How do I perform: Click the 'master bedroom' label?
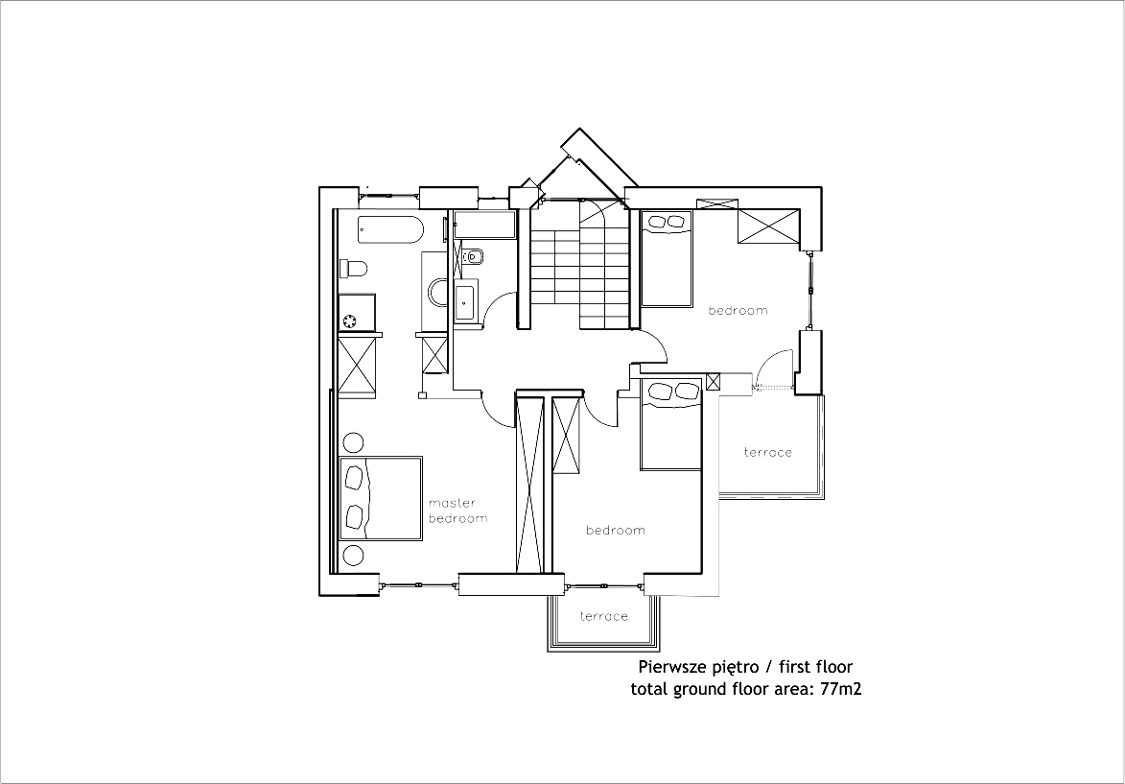pos(457,511)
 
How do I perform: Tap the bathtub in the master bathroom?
pos(390,229)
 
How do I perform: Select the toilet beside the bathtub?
pos(354,269)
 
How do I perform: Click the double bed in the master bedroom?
pos(380,497)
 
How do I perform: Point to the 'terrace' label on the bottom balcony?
pos(604,616)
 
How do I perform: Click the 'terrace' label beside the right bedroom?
pos(767,452)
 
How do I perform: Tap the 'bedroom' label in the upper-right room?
pos(738,310)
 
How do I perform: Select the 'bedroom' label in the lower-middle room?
pos(616,530)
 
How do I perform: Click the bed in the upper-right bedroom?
pos(667,258)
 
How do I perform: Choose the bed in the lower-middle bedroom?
pos(671,423)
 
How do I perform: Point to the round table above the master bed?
pos(353,442)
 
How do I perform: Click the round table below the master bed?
pos(353,555)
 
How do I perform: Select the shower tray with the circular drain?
pos(358,313)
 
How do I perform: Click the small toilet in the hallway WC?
pos(472,255)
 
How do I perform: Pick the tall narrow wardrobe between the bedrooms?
pos(530,486)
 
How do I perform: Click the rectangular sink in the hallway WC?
pos(464,302)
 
